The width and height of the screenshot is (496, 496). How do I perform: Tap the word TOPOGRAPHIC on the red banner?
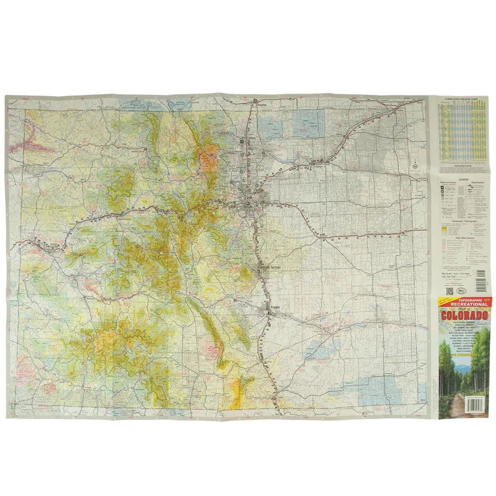point(463,299)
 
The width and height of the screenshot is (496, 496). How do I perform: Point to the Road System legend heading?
point(478,183)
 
